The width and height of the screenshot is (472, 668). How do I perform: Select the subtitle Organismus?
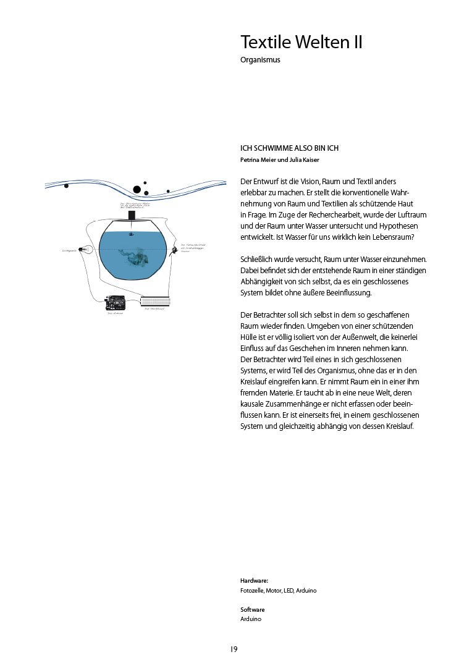(x=260, y=61)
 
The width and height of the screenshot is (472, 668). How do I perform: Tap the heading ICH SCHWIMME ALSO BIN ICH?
(x=289, y=148)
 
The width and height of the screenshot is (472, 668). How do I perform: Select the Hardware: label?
(x=255, y=581)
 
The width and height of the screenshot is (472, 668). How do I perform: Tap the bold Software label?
(x=253, y=609)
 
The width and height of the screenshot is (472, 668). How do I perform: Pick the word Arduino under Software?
(x=251, y=619)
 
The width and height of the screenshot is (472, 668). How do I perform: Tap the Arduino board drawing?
(x=116, y=303)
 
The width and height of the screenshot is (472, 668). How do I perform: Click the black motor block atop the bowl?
(x=131, y=215)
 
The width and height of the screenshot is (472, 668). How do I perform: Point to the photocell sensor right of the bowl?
(x=175, y=250)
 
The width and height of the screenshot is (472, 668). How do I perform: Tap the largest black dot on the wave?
(x=137, y=190)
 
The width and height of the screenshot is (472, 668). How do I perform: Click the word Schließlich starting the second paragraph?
(x=258, y=260)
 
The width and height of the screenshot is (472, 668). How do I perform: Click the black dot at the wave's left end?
(x=66, y=185)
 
